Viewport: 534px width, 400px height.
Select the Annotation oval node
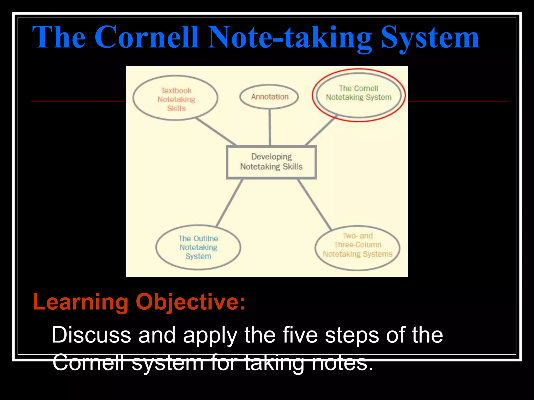pos(269,97)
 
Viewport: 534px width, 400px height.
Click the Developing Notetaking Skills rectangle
pos(271,162)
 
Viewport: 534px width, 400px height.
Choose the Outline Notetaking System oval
pos(198,247)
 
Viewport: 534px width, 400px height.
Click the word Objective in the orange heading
pos(190,302)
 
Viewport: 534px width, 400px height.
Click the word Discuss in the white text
pos(91,335)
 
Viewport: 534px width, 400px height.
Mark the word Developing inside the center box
pos(271,157)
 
